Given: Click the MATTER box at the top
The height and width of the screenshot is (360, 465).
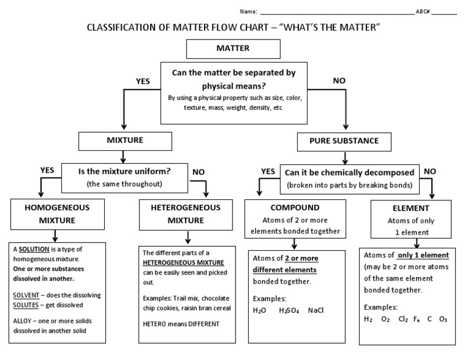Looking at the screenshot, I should point(233,48).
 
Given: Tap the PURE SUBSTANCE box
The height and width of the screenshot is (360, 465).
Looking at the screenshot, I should point(344,141).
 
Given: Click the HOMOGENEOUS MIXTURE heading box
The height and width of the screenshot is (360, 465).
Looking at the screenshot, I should point(57,214).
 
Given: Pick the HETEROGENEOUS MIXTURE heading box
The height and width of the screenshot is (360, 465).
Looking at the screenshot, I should point(178,214).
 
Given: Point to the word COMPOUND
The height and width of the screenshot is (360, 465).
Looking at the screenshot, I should point(294,207).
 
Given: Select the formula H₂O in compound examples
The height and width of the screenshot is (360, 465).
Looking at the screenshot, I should point(260,310).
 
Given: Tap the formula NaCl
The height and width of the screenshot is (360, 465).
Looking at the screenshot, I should point(315,310).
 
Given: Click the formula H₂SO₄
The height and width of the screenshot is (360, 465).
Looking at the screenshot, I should point(288,310).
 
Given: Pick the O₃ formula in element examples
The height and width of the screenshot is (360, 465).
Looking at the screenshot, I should point(444,319).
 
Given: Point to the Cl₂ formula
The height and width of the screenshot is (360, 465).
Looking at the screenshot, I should point(403,319).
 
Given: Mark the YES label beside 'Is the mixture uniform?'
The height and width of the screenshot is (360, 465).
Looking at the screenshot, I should point(47,170).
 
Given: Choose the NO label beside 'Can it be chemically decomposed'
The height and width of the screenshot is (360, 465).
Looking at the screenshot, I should point(430,172).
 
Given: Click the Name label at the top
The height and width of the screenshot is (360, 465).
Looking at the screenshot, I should point(248,12).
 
